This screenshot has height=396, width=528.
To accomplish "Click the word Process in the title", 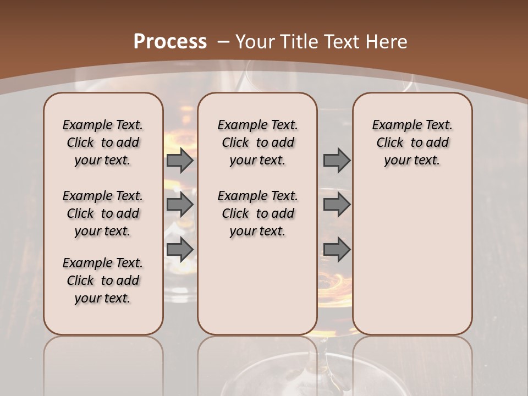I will pyautogui.click(x=170, y=42).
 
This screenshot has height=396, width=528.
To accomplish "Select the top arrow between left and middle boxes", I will pyautogui.click(x=180, y=161).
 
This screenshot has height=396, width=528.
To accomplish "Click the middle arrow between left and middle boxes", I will pyautogui.click(x=180, y=205).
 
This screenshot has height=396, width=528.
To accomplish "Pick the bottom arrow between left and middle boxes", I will pyautogui.click(x=180, y=250).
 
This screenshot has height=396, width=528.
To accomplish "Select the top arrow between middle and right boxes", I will pyautogui.click(x=337, y=161).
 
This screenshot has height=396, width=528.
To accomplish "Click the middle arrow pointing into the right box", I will pyautogui.click(x=337, y=205).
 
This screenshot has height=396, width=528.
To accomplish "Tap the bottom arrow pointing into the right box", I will pyautogui.click(x=337, y=250).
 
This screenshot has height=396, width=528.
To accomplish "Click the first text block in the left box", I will pyautogui.click(x=103, y=142).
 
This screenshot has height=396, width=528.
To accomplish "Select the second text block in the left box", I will pyautogui.click(x=103, y=213).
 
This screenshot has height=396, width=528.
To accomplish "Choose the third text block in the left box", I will pyautogui.click(x=103, y=280).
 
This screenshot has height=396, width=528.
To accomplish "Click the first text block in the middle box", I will pyautogui.click(x=257, y=142).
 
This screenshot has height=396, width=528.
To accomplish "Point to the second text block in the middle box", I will pyautogui.click(x=257, y=213).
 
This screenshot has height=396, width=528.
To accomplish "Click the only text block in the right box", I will pyautogui.click(x=413, y=142).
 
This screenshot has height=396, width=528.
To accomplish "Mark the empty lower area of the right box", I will pyautogui.click(x=413, y=253).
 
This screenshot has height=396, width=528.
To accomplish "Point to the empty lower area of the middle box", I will pyautogui.click(x=257, y=286).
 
